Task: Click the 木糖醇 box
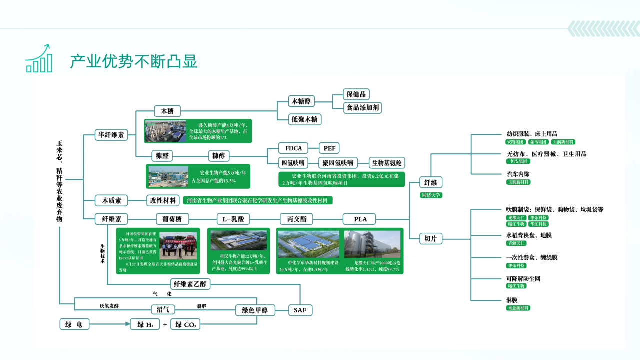[x=301, y=101]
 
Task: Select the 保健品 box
[x=356, y=94]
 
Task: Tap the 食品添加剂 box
[x=363, y=107]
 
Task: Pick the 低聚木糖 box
[x=305, y=119]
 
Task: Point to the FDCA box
[x=294, y=148]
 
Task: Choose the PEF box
[x=329, y=148]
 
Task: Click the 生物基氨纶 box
[x=387, y=162]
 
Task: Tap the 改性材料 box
[x=163, y=200]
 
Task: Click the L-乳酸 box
[x=233, y=219]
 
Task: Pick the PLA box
[x=360, y=219]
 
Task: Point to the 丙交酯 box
[x=296, y=219]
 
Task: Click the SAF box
[x=300, y=310]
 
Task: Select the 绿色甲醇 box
[x=255, y=310]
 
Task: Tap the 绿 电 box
[x=74, y=324]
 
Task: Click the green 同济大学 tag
[x=431, y=195]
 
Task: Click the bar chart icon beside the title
[x=39, y=59]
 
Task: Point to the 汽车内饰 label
[x=518, y=174]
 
